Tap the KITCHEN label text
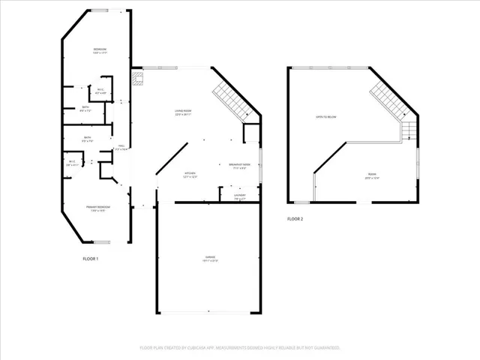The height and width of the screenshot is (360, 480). click(190, 175)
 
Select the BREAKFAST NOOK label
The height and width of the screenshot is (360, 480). click(240, 166)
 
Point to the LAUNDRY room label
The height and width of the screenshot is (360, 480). click(240, 196)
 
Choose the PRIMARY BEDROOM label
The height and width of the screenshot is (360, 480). click(99, 209)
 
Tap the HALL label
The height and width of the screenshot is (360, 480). click(120, 147)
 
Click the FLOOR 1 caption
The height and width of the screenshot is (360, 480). click(90, 259)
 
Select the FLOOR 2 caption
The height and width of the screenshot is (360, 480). click(295, 220)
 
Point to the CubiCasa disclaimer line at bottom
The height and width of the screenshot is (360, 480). click(240, 348)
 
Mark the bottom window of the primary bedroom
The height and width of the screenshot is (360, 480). click(101, 241)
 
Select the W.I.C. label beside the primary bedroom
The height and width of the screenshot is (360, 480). click(71, 163)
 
